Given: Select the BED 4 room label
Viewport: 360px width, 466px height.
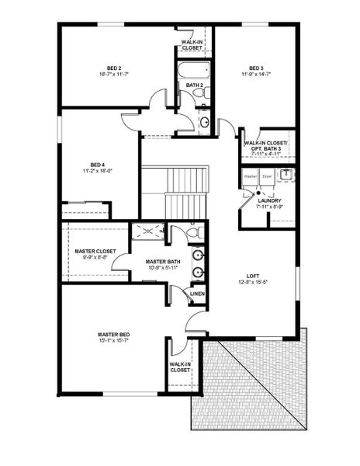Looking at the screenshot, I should tap(97, 165).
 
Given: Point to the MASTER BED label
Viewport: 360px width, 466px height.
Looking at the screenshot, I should tap(113, 335).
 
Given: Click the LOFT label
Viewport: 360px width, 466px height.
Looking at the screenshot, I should tap(253, 276).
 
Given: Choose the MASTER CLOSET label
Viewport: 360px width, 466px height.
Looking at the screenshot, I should tap(95, 252).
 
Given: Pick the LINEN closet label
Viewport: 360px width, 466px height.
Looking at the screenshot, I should tap(197, 294).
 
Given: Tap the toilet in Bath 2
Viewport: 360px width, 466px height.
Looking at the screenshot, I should tap(199, 94).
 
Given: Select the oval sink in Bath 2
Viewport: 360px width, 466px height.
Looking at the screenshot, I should tap(204, 121).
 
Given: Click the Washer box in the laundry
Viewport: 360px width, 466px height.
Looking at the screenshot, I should tap(250, 177).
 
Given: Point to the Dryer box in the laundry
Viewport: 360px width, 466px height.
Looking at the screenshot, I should tap(267, 177).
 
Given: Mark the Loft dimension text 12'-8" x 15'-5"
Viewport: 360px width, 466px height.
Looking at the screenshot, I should tap(253, 283).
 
